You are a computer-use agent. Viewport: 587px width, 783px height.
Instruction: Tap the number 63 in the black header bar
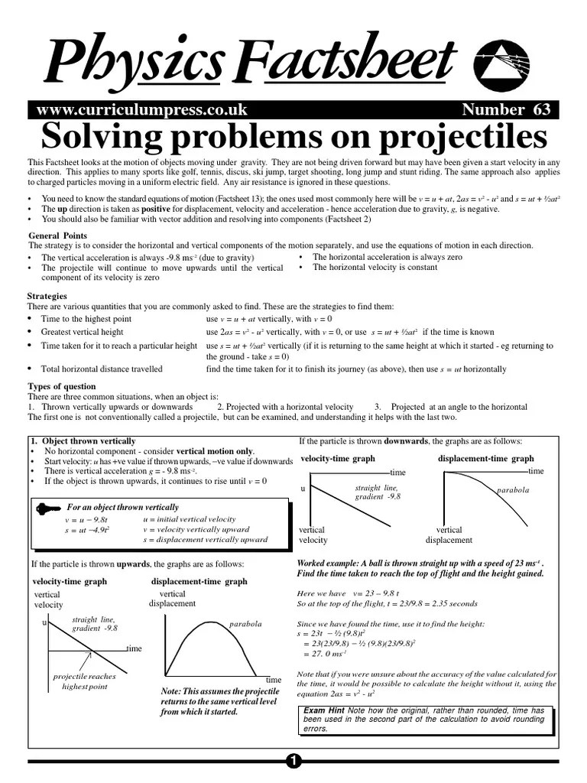click(541, 109)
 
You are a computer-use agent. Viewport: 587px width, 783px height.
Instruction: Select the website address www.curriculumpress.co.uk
click(141, 109)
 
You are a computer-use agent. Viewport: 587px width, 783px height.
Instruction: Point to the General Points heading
click(58, 236)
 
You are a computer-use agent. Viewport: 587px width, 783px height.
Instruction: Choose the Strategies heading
click(47, 296)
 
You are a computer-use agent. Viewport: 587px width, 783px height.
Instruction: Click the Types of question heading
click(62, 386)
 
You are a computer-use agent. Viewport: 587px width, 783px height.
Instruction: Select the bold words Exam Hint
click(324, 710)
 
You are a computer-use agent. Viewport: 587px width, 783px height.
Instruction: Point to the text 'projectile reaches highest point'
click(85, 681)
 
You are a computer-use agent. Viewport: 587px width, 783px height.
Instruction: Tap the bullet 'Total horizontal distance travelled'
click(102, 369)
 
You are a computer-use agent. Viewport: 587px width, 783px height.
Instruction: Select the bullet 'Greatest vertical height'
click(82, 332)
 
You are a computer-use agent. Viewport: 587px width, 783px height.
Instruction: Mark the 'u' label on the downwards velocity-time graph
click(303, 488)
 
